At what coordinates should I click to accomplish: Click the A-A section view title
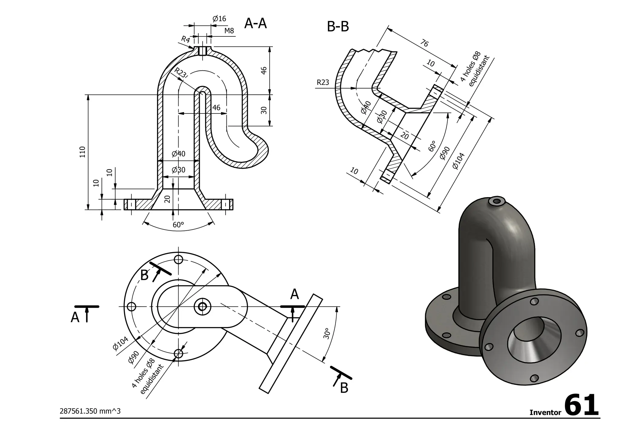tap(255, 24)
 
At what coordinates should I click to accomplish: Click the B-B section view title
tap(338, 27)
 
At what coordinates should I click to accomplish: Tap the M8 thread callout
tap(229, 31)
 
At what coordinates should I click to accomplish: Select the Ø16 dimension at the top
tap(219, 19)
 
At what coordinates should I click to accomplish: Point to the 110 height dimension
tap(82, 152)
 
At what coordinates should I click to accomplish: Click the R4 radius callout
tap(185, 39)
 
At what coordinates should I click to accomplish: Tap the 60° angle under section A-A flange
tap(178, 225)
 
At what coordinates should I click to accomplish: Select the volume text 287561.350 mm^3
tap(90, 411)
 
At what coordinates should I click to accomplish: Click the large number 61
tap(582, 406)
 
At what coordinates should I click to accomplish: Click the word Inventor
tap(545, 413)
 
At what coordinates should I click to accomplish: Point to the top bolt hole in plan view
tap(179, 259)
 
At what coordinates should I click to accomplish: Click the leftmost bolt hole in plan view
tap(131, 307)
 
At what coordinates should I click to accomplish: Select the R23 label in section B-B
tap(323, 83)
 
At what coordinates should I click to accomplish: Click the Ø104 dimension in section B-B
tap(458, 161)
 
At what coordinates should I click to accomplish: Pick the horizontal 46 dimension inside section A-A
tap(216, 108)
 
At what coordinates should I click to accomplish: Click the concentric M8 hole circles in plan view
tap(202, 307)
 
